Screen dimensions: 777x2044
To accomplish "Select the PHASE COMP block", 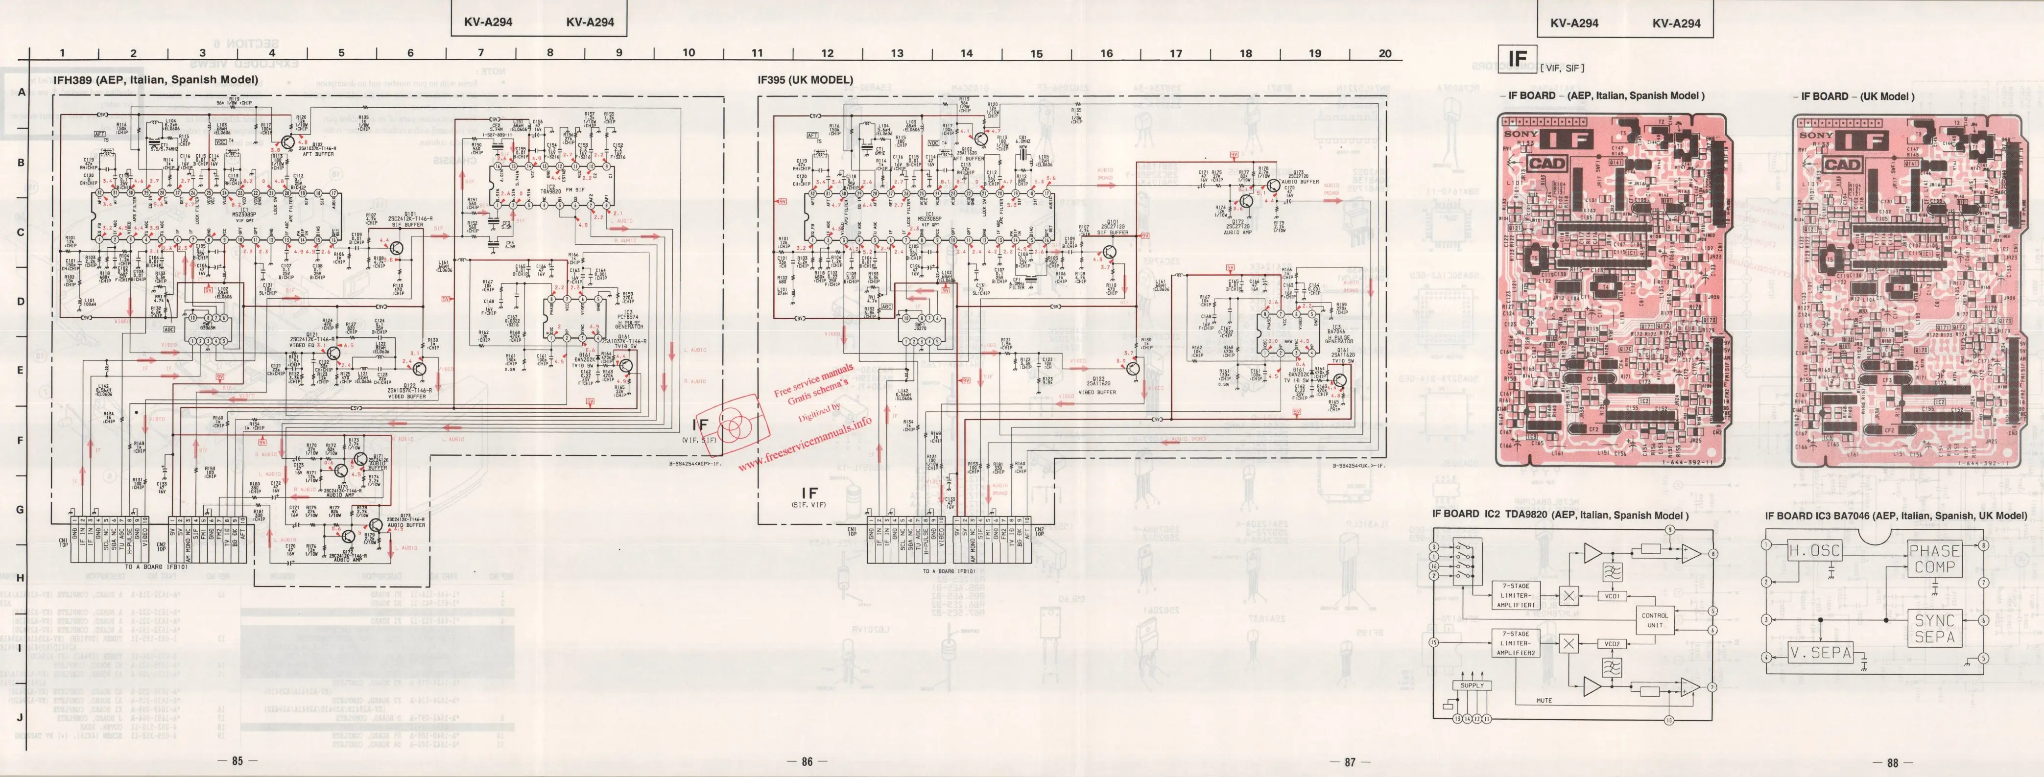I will pos(1934,559).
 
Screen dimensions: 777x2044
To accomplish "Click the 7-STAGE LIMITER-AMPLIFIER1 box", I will pos(1516,595).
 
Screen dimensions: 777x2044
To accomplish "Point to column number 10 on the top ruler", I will pos(688,53).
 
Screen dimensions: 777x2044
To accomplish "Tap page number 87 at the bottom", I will pos(1350,762).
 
